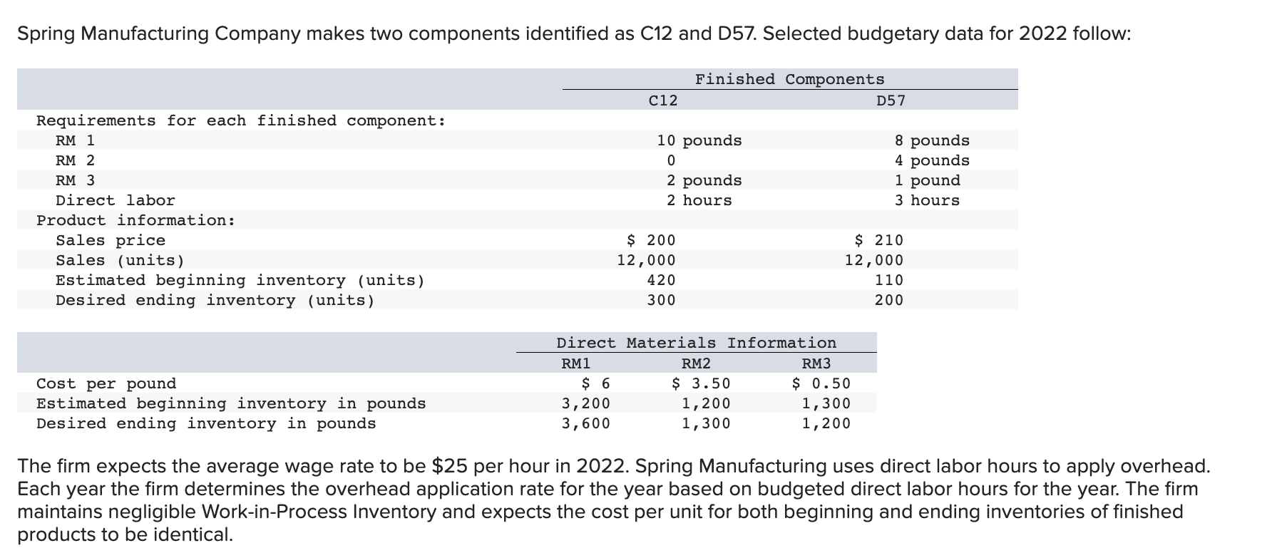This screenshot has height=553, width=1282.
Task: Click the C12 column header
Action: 663,100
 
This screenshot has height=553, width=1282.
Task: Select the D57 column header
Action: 891,100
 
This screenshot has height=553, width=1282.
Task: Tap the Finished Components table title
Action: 789,79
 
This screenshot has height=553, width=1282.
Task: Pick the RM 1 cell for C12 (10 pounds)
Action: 699,140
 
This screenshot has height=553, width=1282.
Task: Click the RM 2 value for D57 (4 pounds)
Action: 932,160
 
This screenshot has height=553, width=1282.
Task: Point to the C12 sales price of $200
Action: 650,240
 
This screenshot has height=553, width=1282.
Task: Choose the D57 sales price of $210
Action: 878,240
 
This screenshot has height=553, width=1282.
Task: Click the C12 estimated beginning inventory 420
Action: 661,280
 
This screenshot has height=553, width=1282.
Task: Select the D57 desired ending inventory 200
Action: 889,300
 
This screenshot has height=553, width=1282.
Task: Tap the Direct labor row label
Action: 116,200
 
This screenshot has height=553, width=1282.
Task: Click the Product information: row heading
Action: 136,220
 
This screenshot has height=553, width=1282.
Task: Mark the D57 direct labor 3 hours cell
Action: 927,200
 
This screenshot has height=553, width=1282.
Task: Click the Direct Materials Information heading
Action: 696,343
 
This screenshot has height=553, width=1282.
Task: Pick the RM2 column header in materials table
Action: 696,363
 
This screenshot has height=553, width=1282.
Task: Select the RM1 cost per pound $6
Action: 596,383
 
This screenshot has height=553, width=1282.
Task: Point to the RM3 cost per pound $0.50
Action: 821,383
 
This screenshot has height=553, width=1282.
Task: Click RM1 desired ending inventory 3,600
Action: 586,423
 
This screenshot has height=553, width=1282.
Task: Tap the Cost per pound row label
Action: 106,383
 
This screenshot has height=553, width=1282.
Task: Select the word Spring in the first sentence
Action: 44,33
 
